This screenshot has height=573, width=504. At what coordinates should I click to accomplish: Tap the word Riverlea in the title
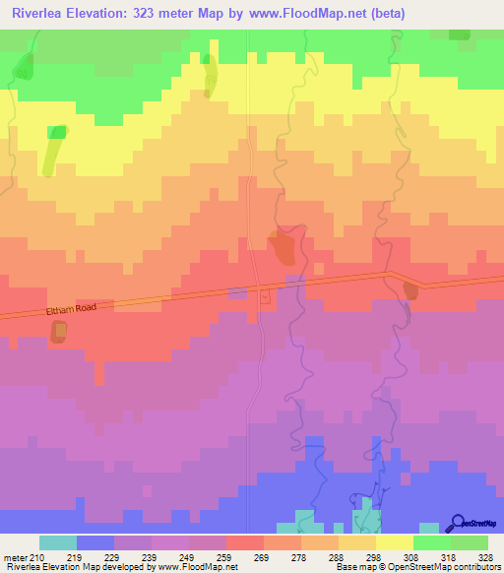click(x=40, y=14)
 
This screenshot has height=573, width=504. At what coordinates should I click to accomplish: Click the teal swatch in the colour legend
click(x=58, y=542)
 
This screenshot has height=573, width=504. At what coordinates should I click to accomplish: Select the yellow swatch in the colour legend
click(x=394, y=542)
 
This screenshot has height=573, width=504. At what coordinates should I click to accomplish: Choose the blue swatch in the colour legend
click(x=95, y=542)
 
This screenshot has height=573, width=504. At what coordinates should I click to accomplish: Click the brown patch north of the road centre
click(x=282, y=246)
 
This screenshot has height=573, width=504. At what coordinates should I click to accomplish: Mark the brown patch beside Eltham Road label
click(x=59, y=332)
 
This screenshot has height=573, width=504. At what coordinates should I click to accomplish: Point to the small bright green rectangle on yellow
click(x=58, y=132)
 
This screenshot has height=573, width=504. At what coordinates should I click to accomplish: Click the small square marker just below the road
click(x=264, y=296)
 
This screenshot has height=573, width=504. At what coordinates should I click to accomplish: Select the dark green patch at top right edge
click(x=459, y=33)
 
